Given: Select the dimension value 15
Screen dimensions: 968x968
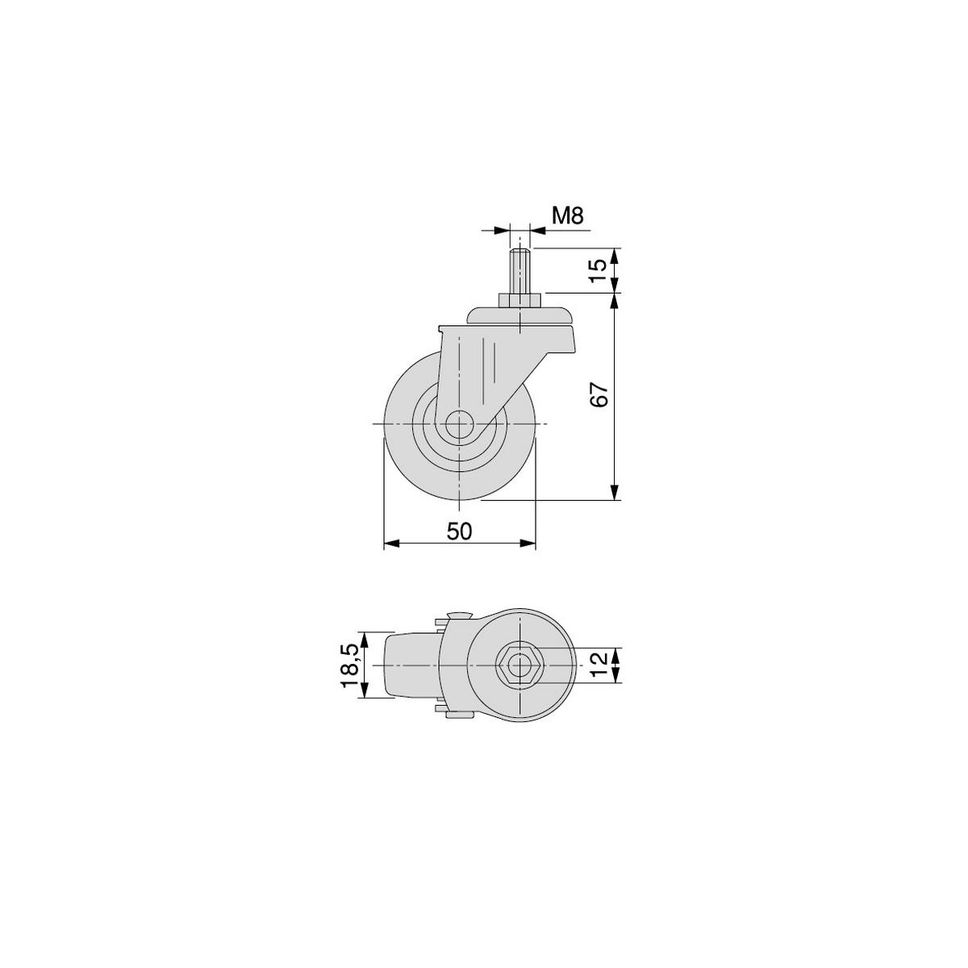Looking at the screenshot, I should [x=598, y=270].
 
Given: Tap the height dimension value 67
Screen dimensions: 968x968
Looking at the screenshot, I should [x=598, y=395].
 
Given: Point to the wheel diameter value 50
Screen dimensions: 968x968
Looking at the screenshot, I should [x=459, y=530].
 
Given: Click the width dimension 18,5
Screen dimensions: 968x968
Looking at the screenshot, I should [x=349, y=665].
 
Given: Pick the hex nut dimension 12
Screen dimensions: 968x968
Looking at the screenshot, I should [x=598, y=665].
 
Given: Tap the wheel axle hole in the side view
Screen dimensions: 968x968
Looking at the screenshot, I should [x=458, y=424].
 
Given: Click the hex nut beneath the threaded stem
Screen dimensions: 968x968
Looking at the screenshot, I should [x=520, y=301].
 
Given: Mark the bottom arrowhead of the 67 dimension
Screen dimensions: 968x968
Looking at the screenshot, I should [x=615, y=493].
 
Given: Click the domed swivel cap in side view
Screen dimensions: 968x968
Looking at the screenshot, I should [x=520, y=315].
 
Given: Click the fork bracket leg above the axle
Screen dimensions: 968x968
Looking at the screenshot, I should [x=476, y=363].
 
